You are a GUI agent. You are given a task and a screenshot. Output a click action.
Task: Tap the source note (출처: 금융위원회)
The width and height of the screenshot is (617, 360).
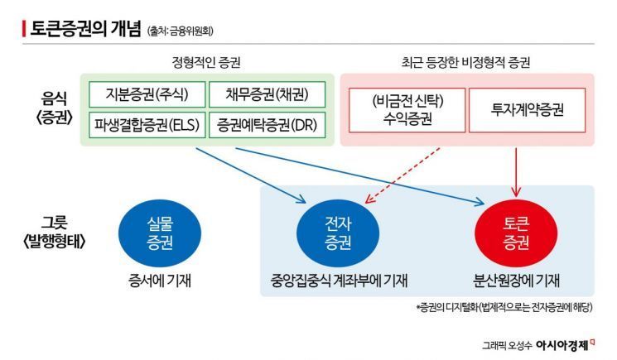(181, 31)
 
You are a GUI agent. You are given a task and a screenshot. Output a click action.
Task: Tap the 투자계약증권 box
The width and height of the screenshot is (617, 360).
(522, 109)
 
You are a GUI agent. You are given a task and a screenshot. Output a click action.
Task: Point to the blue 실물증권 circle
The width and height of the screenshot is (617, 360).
(155, 232)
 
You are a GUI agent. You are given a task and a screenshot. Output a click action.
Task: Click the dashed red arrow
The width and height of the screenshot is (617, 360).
(402, 175)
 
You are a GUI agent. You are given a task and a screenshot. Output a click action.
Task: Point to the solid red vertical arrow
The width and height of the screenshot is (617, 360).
(517, 174)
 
